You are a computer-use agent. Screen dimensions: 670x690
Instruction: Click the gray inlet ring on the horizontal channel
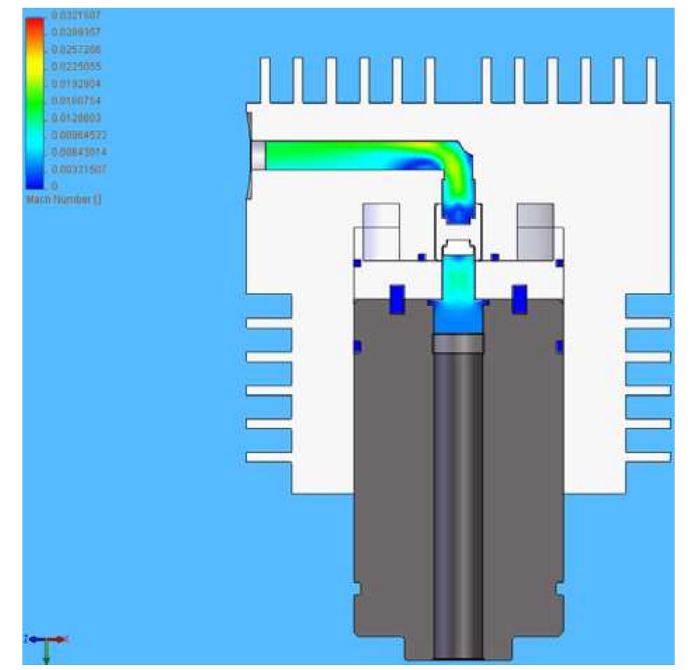[x=258, y=155]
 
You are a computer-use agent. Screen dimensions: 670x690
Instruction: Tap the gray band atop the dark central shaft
[x=457, y=343]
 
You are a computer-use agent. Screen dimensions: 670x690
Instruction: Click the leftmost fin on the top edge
[x=265, y=81]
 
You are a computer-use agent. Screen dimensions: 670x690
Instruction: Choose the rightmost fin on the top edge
[x=651, y=81]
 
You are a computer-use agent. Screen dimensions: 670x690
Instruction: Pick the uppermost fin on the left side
[x=269, y=324]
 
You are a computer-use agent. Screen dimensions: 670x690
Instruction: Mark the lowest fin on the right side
[x=647, y=457]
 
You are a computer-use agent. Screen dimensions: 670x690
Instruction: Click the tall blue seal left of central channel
[x=397, y=299]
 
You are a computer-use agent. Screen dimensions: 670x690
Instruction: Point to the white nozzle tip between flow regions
[x=457, y=247]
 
